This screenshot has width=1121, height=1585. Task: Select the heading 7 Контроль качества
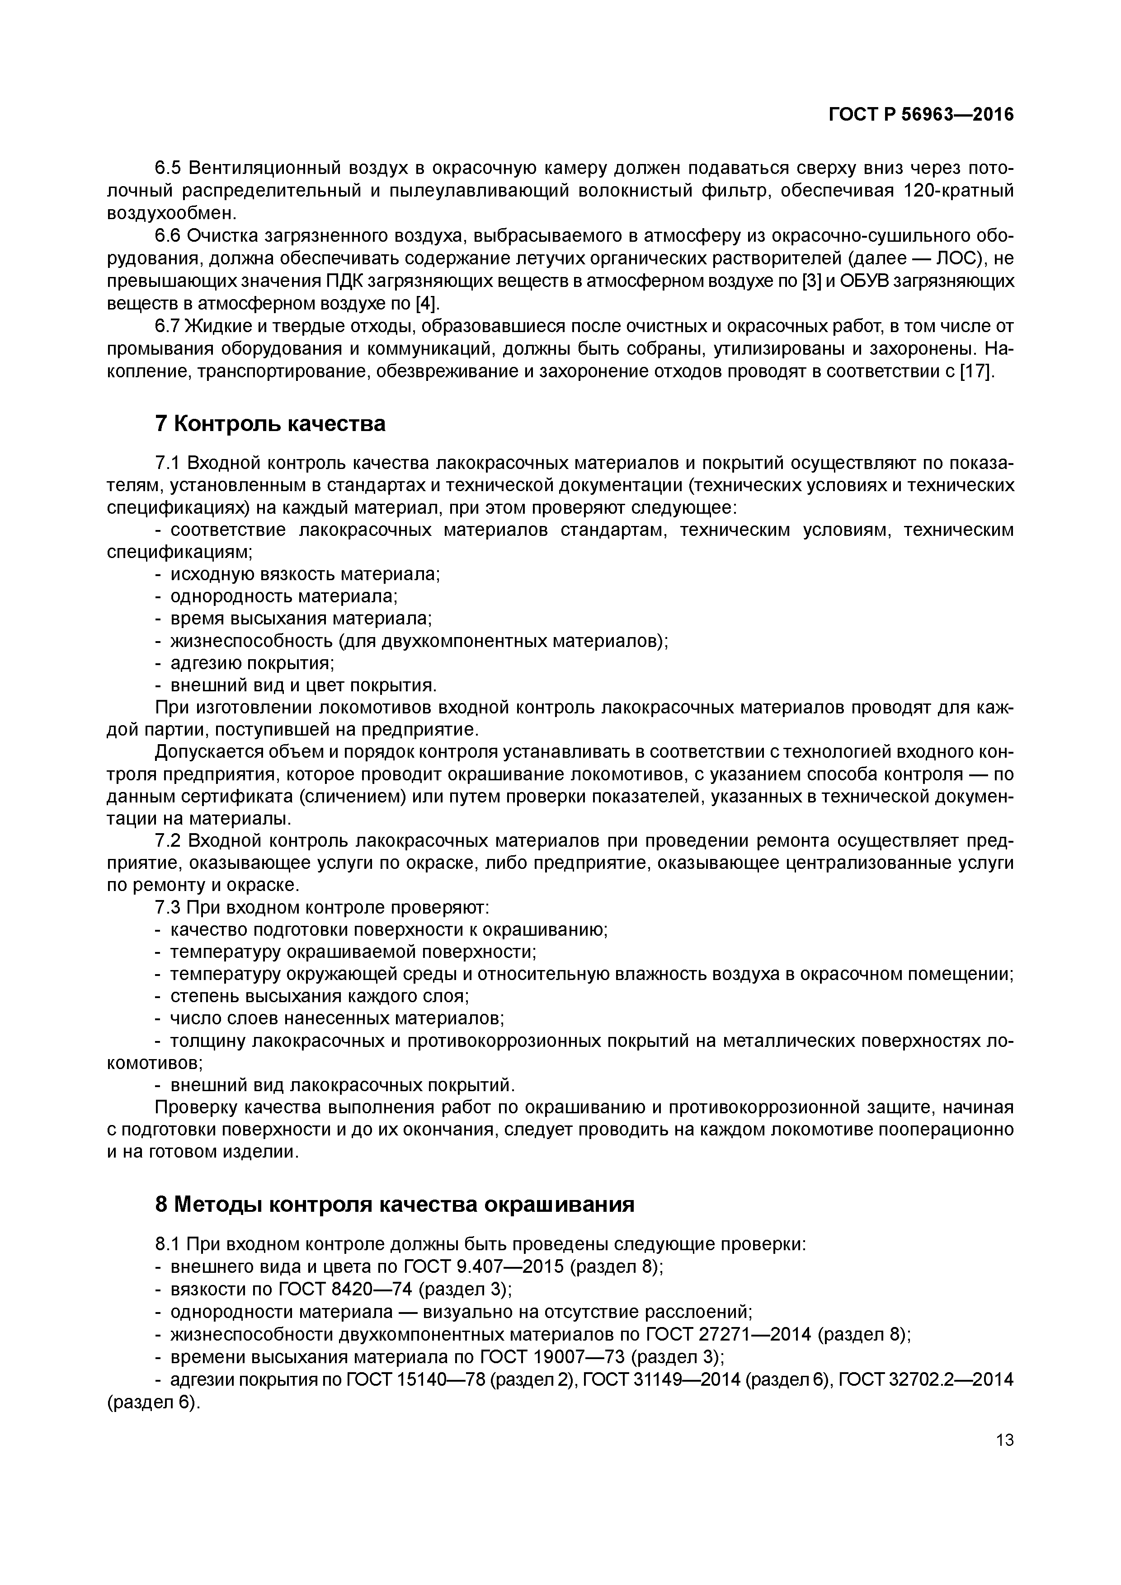point(270,424)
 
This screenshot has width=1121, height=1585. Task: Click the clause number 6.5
point(168,169)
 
